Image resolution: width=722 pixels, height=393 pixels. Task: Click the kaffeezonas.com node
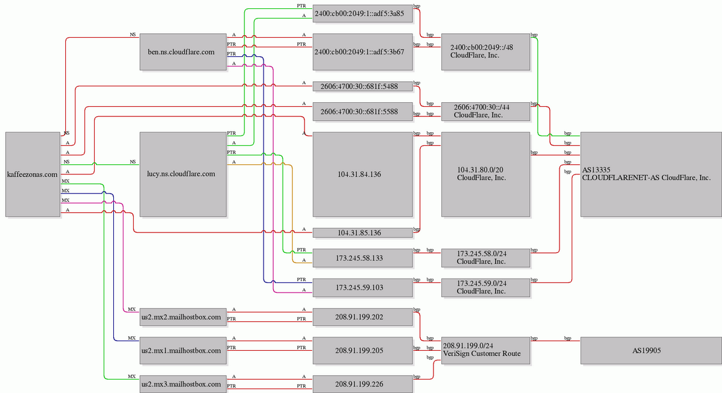(x=33, y=174)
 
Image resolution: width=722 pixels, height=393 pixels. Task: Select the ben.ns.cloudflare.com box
(x=183, y=52)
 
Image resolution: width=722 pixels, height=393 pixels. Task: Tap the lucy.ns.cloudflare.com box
(x=183, y=174)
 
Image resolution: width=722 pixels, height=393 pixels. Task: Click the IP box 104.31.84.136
(x=363, y=174)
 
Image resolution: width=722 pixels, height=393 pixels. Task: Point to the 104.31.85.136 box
(x=363, y=233)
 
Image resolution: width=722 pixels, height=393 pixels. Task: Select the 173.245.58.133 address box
(x=363, y=258)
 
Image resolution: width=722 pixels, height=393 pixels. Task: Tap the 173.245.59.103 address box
(x=363, y=288)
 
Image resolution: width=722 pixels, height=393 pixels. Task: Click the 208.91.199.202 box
(x=363, y=317)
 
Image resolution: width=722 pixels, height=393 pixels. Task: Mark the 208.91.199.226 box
(x=363, y=384)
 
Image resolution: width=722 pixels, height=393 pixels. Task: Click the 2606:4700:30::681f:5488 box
(x=363, y=86)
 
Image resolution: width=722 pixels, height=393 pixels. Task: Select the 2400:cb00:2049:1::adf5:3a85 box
(x=363, y=14)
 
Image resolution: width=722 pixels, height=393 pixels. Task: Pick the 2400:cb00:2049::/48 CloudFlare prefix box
(x=485, y=52)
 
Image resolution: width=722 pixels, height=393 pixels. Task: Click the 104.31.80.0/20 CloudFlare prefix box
(x=485, y=174)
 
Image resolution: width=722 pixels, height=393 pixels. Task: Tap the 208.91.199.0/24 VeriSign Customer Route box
(x=485, y=351)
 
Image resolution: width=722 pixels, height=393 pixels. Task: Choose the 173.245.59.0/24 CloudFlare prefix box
(x=485, y=288)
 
